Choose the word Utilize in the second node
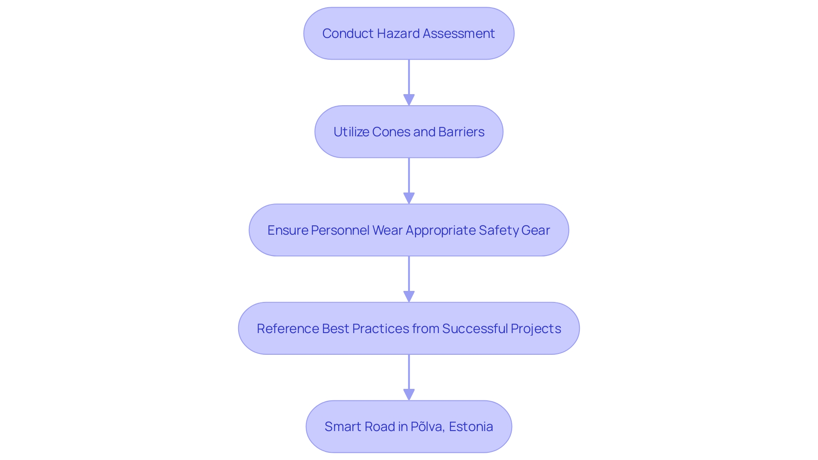tap(351, 132)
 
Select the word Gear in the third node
tap(535, 230)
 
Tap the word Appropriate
tap(441, 230)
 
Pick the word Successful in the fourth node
tap(475, 329)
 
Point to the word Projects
tap(536, 329)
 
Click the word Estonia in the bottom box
tap(471, 427)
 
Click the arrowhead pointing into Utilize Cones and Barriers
tap(409, 100)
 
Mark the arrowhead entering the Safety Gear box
tap(409, 198)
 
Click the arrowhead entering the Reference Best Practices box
tap(409, 297)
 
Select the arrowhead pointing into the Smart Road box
tap(409, 395)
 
